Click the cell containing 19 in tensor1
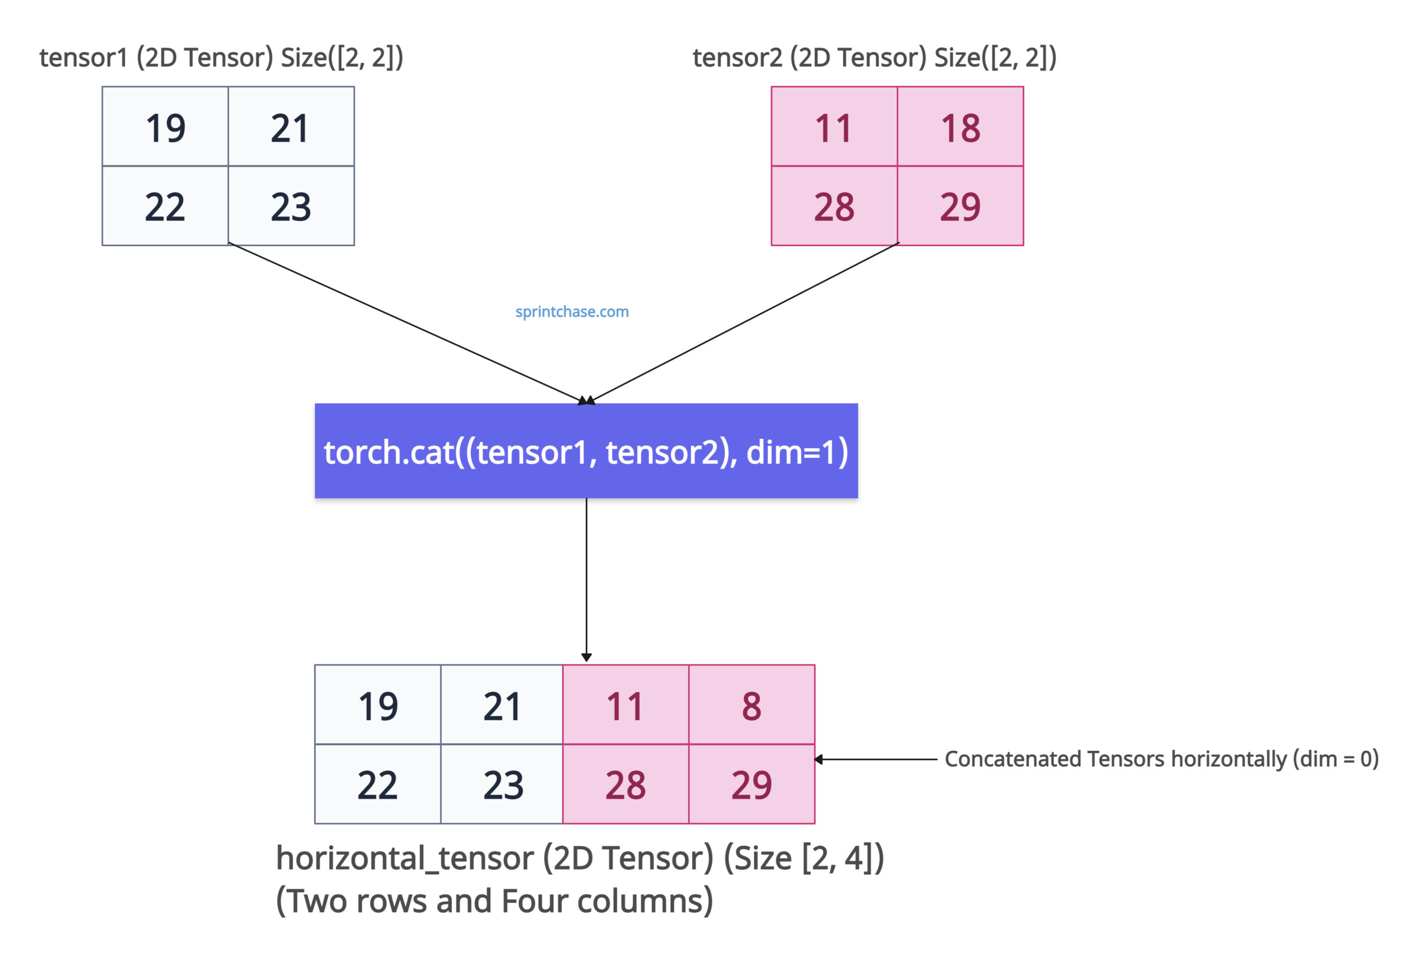pyautogui.click(x=165, y=126)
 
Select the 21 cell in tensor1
pyautogui.click(x=291, y=126)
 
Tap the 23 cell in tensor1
pyautogui.click(x=291, y=206)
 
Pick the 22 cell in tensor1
pyautogui.click(x=165, y=206)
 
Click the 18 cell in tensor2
pyautogui.click(x=960, y=126)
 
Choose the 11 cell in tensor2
pyautogui.click(x=834, y=126)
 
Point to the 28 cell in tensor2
pyautogui.click(x=834, y=206)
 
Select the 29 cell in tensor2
pyautogui.click(x=960, y=206)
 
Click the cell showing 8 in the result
pyautogui.click(x=751, y=704)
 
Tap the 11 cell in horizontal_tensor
pyautogui.click(x=626, y=704)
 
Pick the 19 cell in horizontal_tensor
pyautogui.click(x=378, y=704)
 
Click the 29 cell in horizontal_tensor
pyautogui.click(x=751, y=784)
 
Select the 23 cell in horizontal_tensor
pyautogui.click(x=502, y=784)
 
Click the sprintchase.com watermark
pyautogui.click(x=572, y=311)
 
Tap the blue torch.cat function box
pyautogui.click(x=586, y=451)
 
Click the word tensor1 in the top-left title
pyautogui.click(x=83, y=58)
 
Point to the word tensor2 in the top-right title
pyautogui.click(x=737, y=58)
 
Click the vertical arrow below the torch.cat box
pyautogui.click(x=586, y=580)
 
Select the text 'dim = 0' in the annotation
pyautogui.click(x=1335, y=759)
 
